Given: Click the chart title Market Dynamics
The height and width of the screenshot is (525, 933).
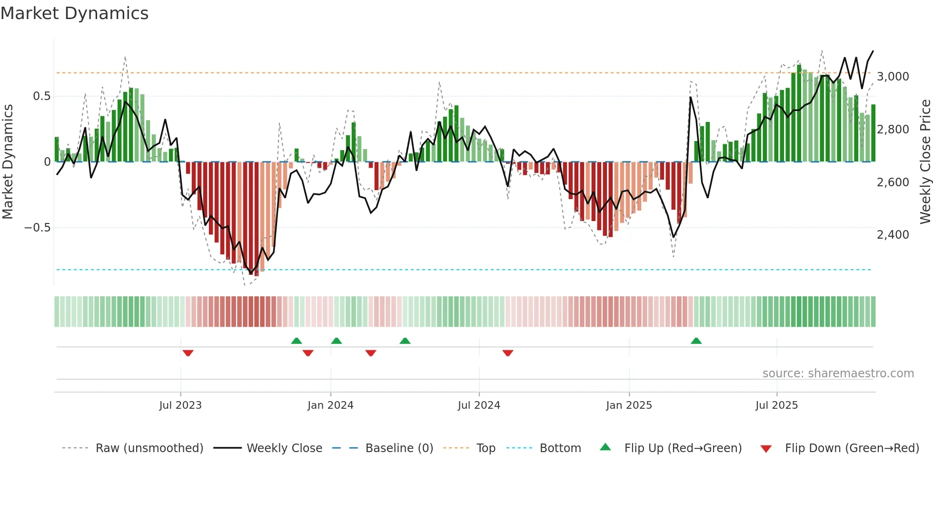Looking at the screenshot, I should (x=75, y=13).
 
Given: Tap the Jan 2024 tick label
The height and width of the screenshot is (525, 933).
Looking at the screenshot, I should (x=330, y=405).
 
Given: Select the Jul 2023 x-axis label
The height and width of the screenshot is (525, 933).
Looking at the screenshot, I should (x=180, y=405).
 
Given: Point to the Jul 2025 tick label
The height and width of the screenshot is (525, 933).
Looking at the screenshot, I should (x=776, y=405).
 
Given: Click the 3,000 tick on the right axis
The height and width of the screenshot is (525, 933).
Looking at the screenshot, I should (x=893, y=77).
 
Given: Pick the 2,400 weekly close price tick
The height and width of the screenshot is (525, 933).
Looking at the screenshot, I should (x=893, y=235).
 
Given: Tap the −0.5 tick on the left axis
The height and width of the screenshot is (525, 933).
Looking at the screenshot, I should (x=37, y=228).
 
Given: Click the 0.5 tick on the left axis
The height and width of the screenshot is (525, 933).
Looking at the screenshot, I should (x=41, y=96).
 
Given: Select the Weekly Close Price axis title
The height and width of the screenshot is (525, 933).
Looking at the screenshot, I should (x=925, y=162).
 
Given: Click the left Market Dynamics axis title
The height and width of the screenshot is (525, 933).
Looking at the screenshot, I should (x=8, y=162).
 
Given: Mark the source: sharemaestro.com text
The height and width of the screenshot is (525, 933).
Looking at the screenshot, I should (x=838, y=374).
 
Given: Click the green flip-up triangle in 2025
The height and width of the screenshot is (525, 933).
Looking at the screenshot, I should (x=696, y=341).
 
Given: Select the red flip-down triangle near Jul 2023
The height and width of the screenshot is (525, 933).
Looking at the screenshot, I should (x=188, y=353).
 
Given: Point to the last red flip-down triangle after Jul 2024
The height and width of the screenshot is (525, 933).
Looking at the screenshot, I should (x=508, y=353).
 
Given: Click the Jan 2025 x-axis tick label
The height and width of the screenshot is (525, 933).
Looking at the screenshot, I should (x=629, y=405).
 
